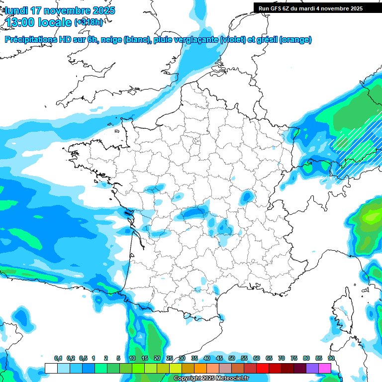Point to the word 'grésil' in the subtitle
click(x=266, y=40)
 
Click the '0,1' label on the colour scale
click(x=58, y=358)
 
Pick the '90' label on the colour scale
click(x=331, y=358)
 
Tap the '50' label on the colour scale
click(x=232, y=358)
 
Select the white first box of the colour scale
click(x=51, y=368)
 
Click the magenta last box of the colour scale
click(x=325, y=368)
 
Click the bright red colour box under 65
click(x=263, y=368)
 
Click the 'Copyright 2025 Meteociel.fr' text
click(x=211, y=379)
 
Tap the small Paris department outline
click(x=196, y=141)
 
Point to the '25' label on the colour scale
click(x=170, y=358)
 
